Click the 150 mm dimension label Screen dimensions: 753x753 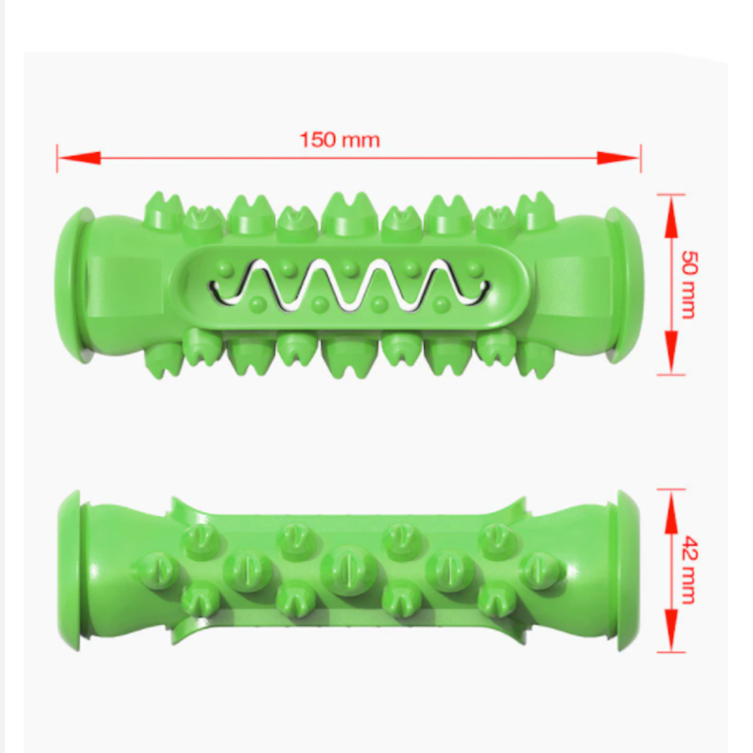(340, 140)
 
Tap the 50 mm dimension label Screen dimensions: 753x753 (687, 284)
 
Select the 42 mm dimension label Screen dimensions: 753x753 (687, 570)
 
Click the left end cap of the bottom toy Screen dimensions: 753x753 (72, 571)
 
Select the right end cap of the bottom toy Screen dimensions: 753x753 (626, 570)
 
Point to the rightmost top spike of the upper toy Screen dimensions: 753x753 (535, 212)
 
